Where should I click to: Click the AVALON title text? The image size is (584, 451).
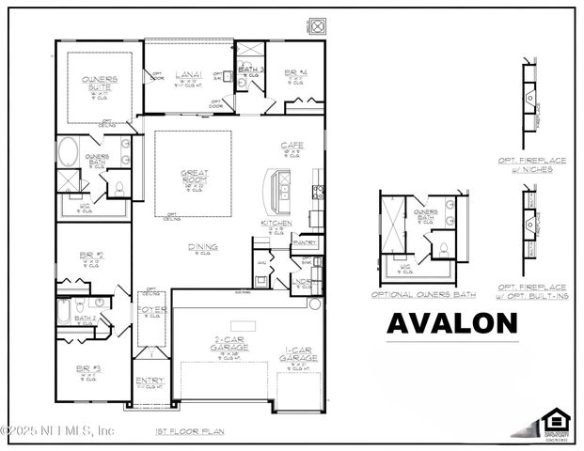tap(452, 322)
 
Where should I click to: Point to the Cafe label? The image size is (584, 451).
tap(291, 145)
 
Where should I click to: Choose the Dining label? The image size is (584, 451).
tap(201, 247)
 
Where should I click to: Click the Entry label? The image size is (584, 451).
tap(149, 381)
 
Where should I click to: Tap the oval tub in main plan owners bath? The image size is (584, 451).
tap(71, 152)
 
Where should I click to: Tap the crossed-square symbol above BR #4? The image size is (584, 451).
tap(318, 25)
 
